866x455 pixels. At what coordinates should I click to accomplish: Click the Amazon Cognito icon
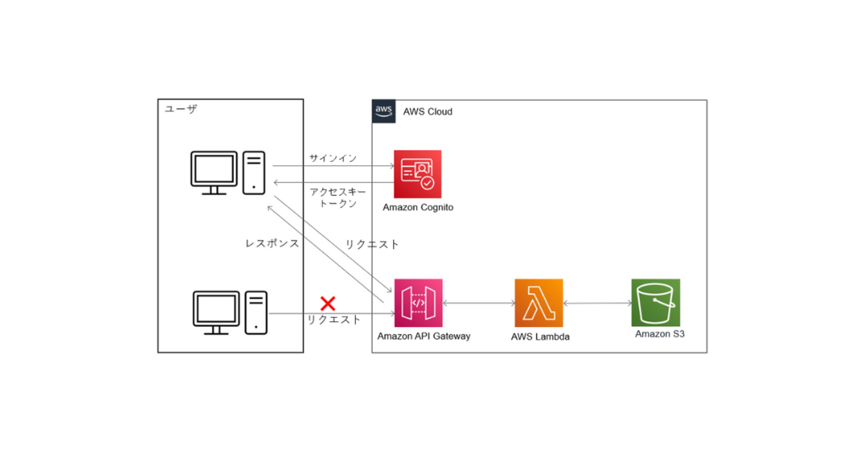click(x=417, y=174)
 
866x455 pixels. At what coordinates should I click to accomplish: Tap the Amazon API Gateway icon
click(x=418, y=303)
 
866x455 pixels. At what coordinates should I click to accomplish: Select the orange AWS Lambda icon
click(x=538, y=303)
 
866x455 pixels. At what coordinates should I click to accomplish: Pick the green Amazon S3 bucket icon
click(x=655, y=302)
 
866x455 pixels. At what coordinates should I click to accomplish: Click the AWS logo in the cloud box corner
click(x=384, y=111)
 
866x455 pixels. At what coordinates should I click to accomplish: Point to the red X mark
click(x=328, y=304)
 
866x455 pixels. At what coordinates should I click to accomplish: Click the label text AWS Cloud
click(x=428, y=111)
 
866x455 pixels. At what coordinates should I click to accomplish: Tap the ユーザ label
click(x=181, y=109)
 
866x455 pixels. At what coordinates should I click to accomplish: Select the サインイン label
click(x=332, y=159)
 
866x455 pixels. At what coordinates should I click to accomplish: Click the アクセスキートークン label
click(x=338, y=197)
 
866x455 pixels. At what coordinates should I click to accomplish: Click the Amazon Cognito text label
click(x=418, y=207)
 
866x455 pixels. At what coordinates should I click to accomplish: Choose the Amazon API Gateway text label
click(x=424, y=336)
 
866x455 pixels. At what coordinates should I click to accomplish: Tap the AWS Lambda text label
click(x=540, y=336)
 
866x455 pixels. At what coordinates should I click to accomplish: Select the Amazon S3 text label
click(x=659, y=334)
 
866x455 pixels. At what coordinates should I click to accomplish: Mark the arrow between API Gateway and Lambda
click(x=478, y=303)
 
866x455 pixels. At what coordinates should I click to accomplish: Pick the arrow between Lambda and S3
click(x=597, y=303)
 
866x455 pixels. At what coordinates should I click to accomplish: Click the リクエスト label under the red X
click(x=334, y=320)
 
